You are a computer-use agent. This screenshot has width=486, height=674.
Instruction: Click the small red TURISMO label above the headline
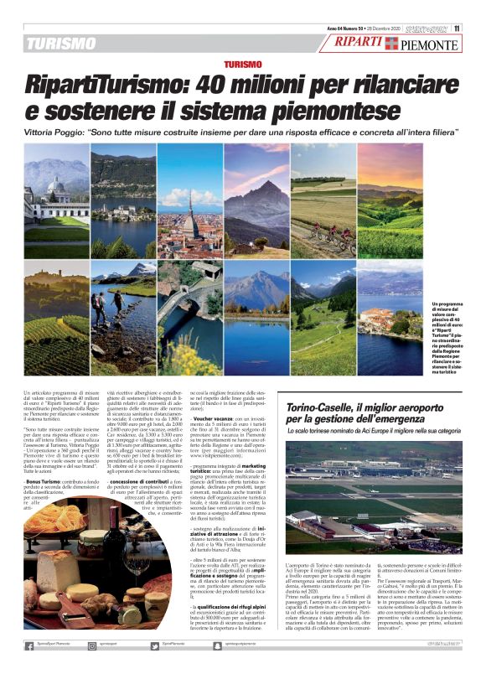click(243, 65)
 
